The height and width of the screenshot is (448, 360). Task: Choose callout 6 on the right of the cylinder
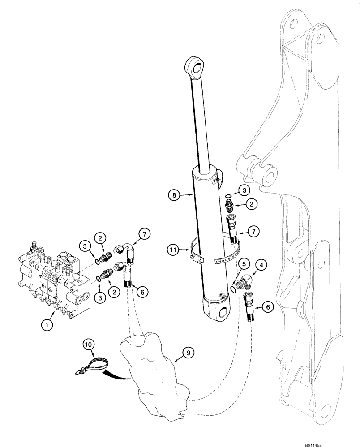point(268,307)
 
